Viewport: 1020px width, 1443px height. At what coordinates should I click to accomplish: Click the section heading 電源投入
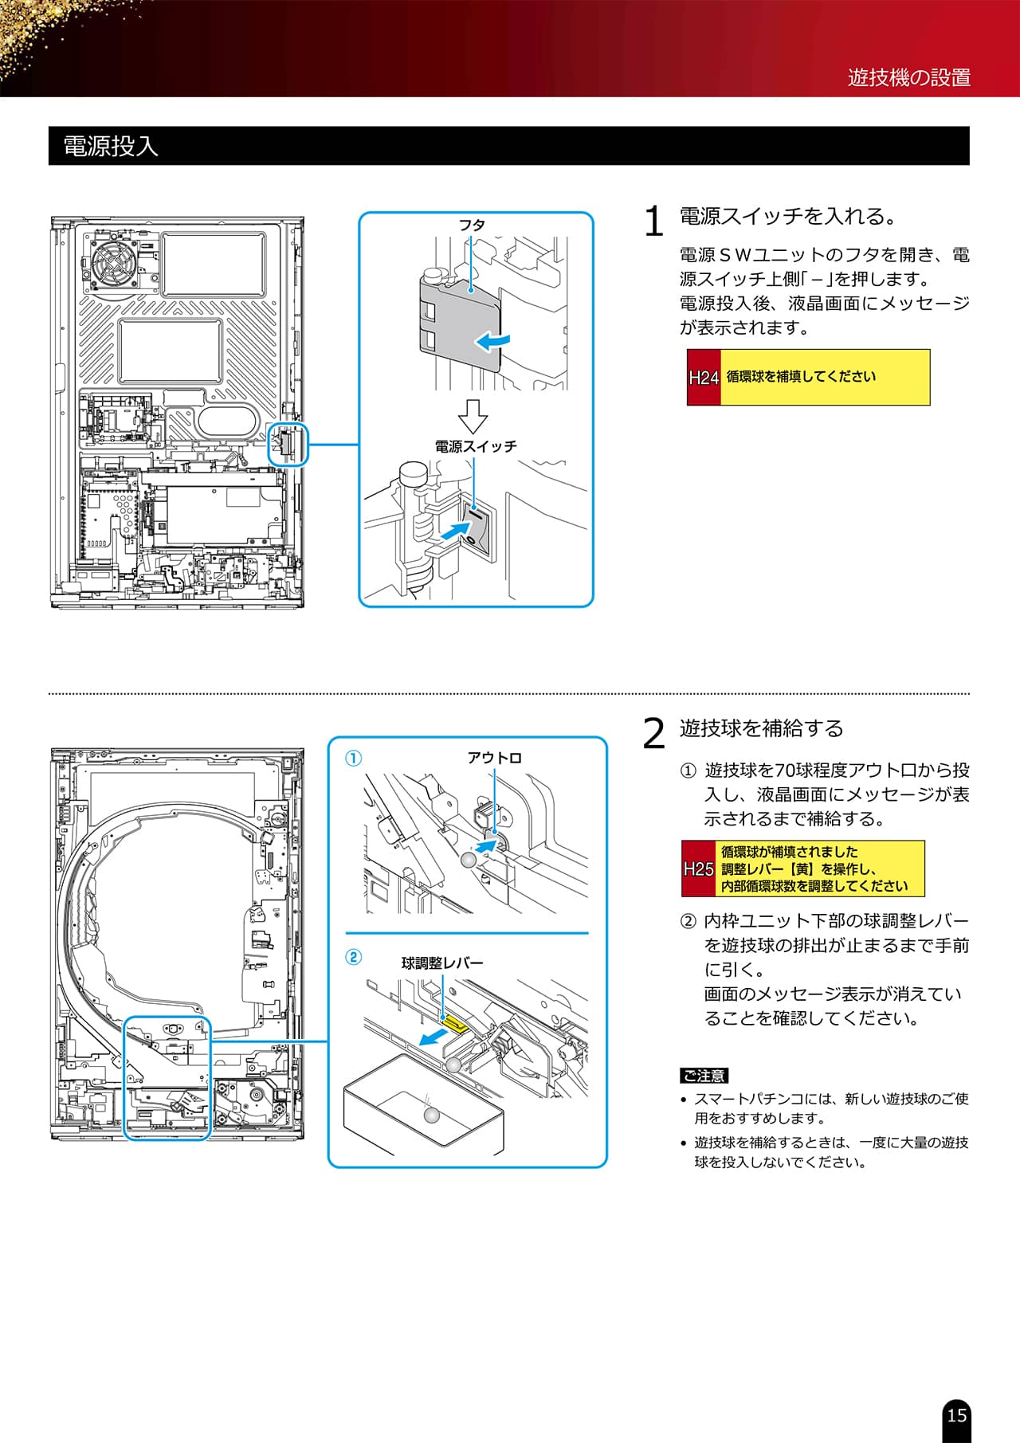(x=111, y=147)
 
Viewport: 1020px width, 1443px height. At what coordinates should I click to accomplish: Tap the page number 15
(x=956, y=1415)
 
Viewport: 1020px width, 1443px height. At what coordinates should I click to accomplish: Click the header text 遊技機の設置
(x=908, y=77)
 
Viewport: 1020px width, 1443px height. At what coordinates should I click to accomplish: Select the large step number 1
(x=653, y=222)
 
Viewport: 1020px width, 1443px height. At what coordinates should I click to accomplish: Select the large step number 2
(x=653, y=733)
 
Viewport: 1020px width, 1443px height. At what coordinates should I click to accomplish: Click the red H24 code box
(x=704, y=378)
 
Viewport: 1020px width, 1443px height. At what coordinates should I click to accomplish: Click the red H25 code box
(x=698, y=869)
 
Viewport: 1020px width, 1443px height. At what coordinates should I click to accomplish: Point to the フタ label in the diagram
(x=472, y=225)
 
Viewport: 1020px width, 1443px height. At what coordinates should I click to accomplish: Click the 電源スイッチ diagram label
(x=476, y=446)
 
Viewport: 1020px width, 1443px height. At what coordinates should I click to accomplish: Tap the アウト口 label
(x=494, y=758)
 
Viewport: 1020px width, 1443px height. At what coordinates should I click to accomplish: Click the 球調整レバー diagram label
(x=442, y=963)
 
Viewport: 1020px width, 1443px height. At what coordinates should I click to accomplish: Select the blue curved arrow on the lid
(x=492, y=342)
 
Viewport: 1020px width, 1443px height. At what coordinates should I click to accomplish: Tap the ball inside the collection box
(x=431, y=1116)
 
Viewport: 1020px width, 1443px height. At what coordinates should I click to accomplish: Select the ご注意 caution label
(x=704, y=1076)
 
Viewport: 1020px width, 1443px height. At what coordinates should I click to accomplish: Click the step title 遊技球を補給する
(x=761, y=728)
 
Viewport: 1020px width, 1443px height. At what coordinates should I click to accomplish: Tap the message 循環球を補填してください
(x=801, y=377)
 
